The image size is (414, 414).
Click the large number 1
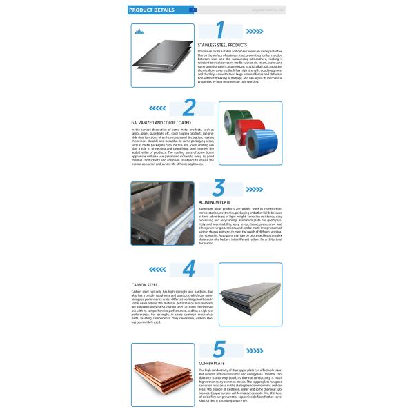tap(220, 30)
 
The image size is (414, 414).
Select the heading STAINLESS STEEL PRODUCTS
tap(222, 45)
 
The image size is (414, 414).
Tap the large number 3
tap(219, 188)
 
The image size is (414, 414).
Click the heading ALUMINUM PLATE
tap(214, 201)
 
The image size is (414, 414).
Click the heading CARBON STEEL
tap(146, 284)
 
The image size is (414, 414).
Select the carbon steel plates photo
tap(250, 294)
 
